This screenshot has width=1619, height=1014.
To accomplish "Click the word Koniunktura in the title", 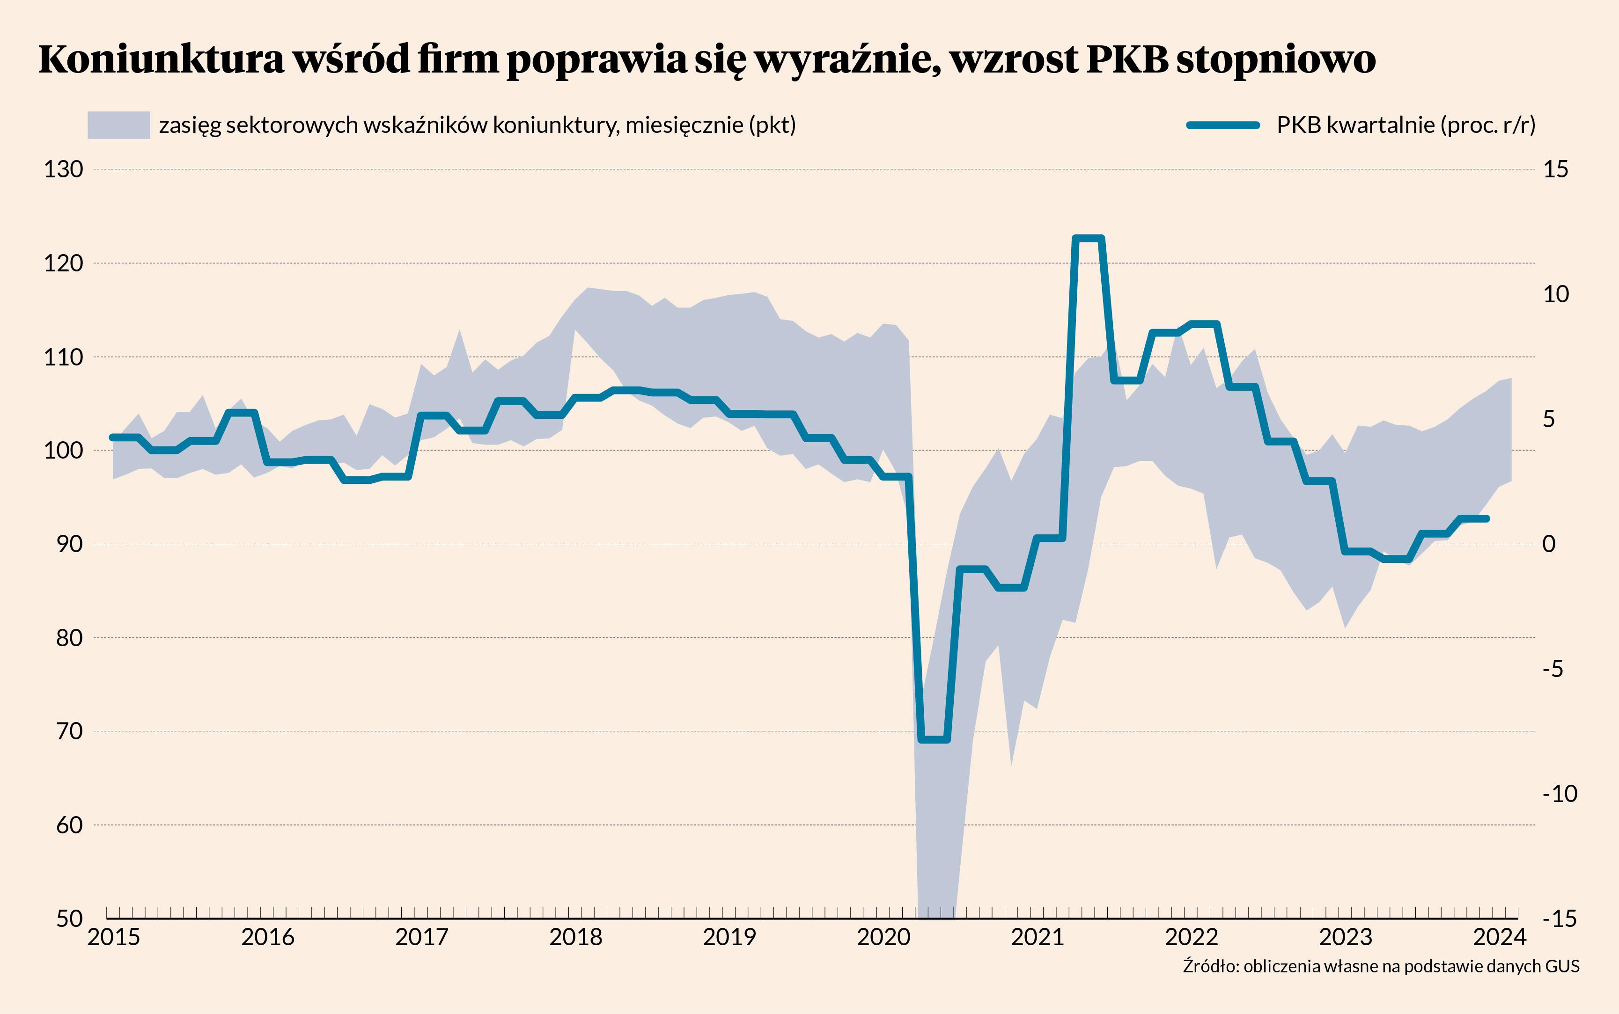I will [162, 60].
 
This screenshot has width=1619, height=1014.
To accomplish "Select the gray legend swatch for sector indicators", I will [119, 125].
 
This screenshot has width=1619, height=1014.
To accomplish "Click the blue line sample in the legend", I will [1222, 125].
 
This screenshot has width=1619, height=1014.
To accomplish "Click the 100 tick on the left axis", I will [64, 451].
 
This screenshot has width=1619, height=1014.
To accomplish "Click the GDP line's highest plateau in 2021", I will [1088, 238].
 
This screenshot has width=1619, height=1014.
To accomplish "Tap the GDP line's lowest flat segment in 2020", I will [934, 740].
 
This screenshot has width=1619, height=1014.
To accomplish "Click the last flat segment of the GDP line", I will [1474, 518].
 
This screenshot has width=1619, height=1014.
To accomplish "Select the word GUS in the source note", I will [1563, 966].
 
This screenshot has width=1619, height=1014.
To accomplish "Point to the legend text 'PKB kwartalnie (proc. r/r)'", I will [1406, 125].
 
